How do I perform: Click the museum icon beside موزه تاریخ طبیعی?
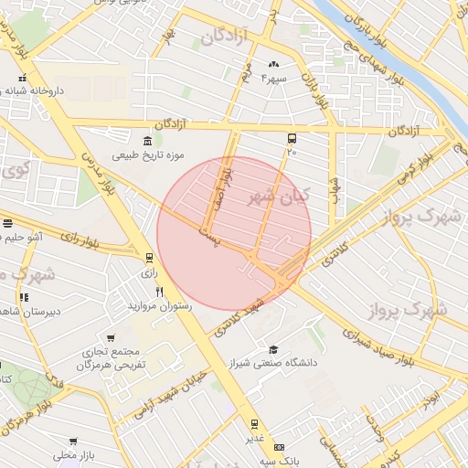[x=148, y=140]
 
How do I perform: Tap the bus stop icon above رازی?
[x=149, y=257]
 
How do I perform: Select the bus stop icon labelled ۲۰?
[x=292, y=138]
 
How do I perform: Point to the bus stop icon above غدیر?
[x=254, y=423]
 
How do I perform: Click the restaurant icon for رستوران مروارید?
[x=159, y=292]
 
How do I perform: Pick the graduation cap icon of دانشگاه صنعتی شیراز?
[x=273, y=349]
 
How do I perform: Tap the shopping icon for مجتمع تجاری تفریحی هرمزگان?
[x=111, y=338]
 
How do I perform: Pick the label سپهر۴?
[x=274, y=79]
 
